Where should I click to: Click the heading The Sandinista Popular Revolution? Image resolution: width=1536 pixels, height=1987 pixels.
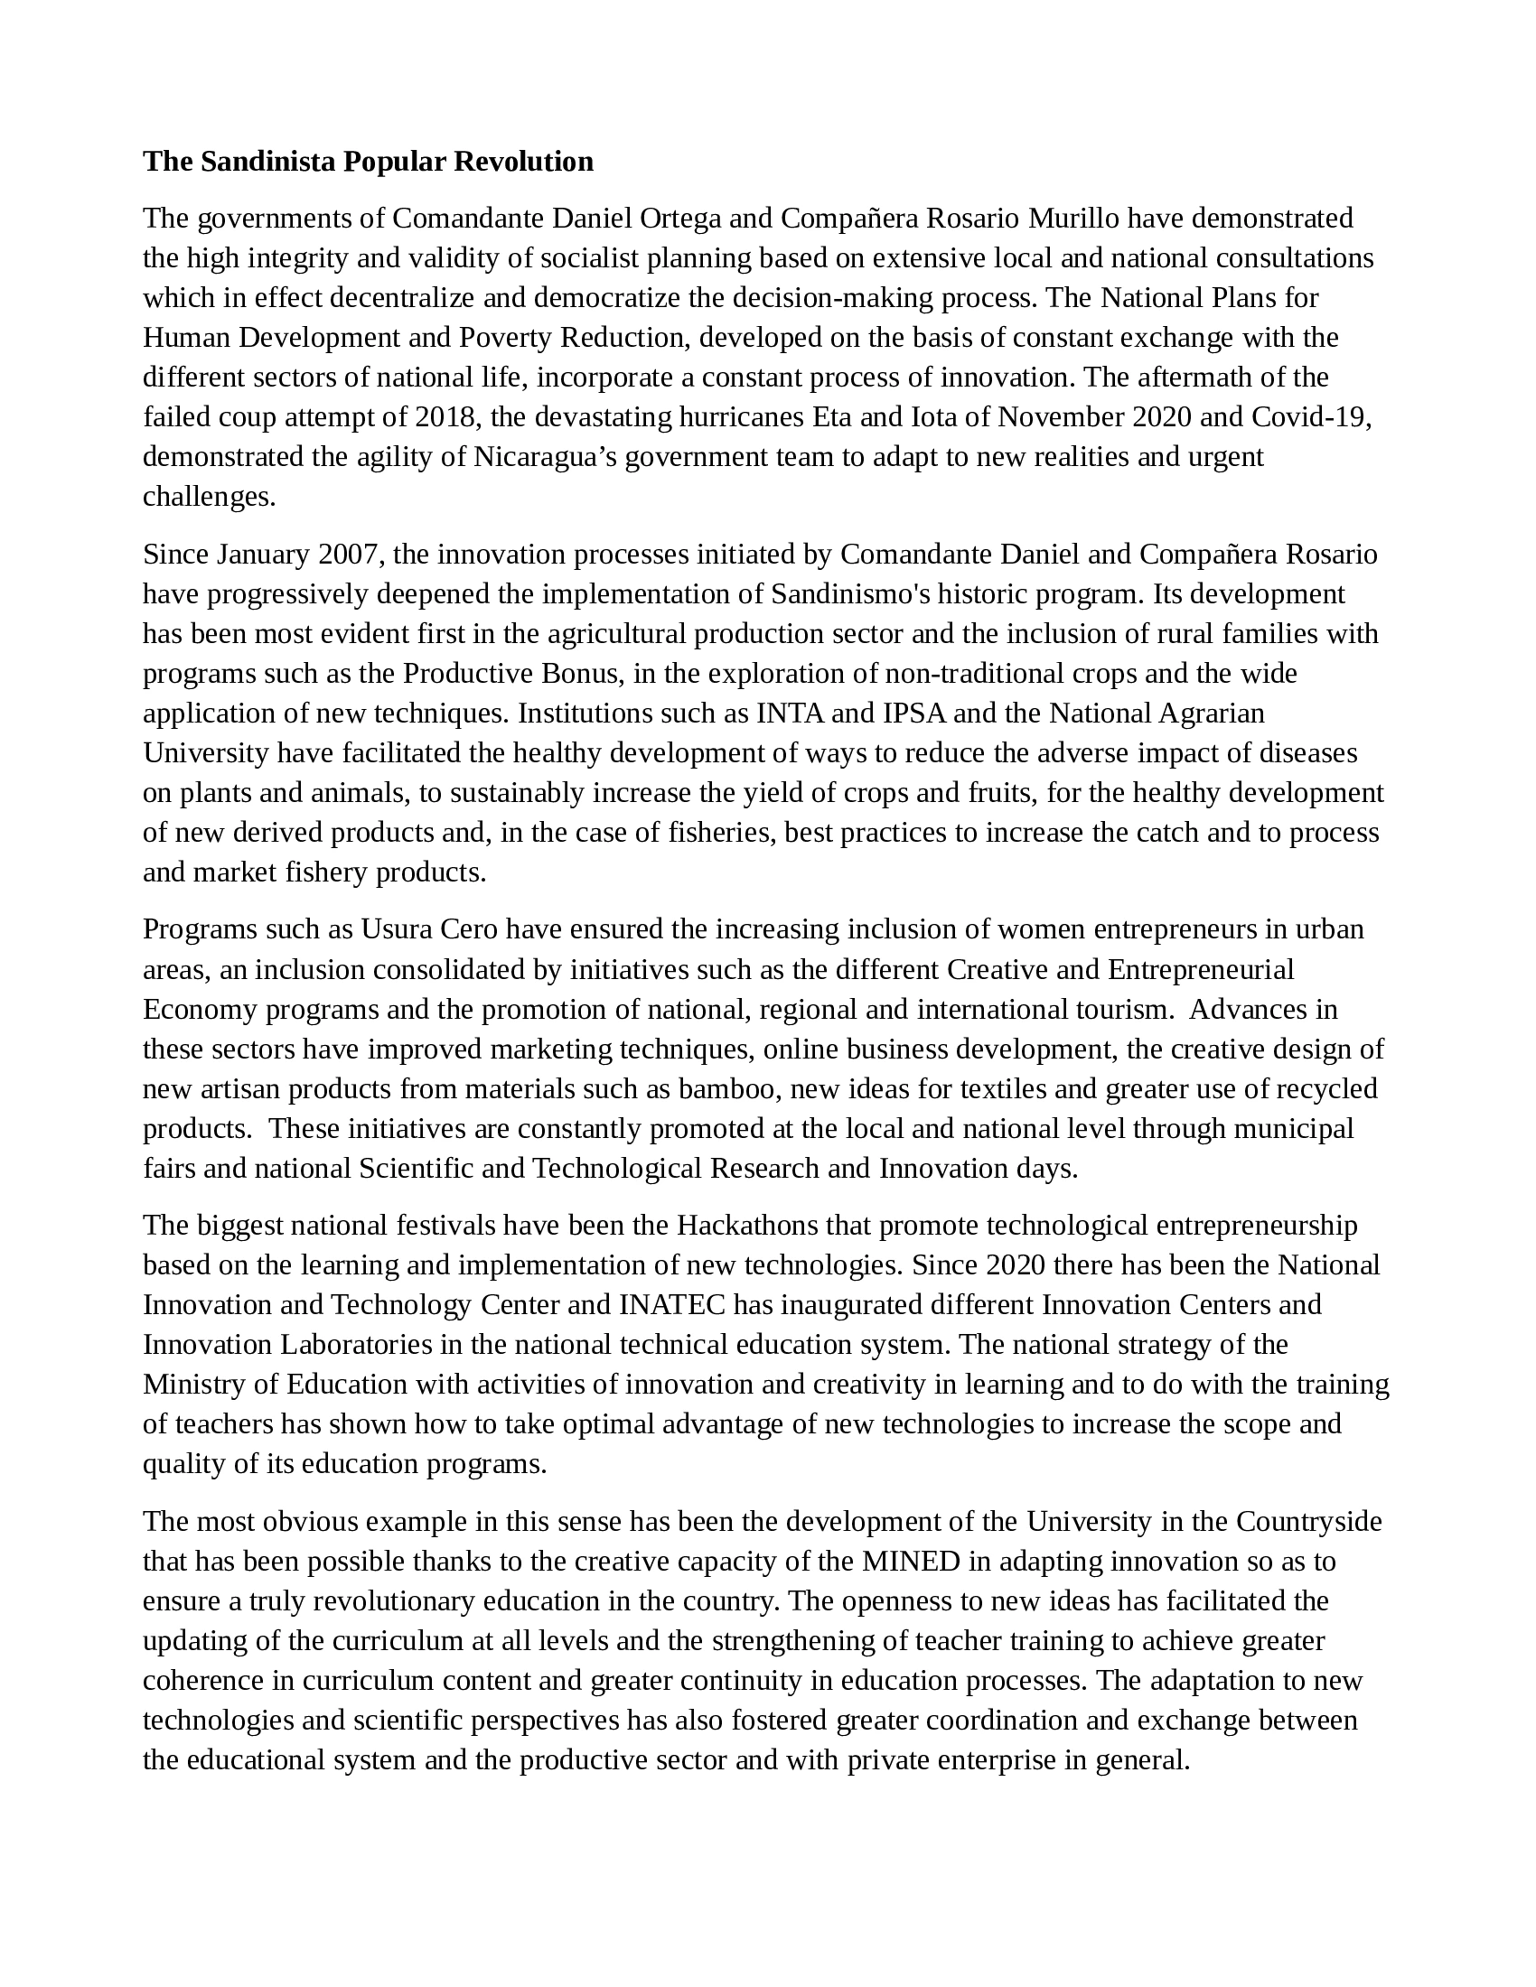368,162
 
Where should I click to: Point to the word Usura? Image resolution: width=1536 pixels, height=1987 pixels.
397,928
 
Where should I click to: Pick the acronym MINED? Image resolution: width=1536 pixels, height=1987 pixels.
911,1562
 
